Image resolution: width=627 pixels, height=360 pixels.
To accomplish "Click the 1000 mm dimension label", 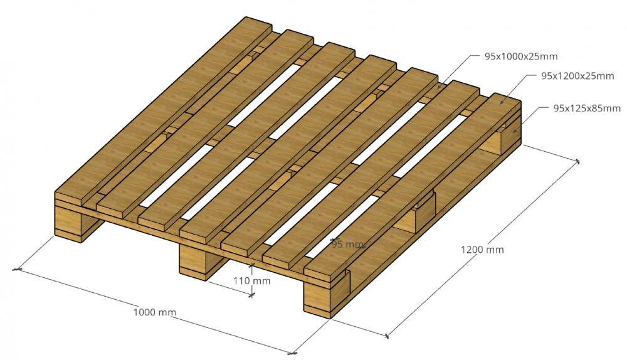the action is [x=154, y=312].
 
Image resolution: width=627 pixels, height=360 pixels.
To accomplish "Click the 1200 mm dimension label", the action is [x=482, y=250].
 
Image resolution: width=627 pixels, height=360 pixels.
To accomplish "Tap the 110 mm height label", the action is [x=252, y=281].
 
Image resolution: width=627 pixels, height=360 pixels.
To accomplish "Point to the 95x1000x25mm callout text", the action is [x=521, y=56].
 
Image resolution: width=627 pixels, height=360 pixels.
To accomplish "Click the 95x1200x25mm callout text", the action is [x=577, y=76].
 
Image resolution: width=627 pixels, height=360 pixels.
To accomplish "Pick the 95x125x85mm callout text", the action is [x=587, y=108].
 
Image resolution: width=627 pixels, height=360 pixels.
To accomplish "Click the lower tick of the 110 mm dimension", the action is [x=251, y=295].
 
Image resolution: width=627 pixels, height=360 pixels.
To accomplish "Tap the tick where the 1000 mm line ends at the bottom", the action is [x=292, y=354].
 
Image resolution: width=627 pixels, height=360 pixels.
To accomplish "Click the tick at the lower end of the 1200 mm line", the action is [x=387, y=336].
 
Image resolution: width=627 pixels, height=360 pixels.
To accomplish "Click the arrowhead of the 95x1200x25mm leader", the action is [x=500, y=102].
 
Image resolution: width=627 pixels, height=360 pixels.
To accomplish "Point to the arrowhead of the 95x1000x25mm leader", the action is [x=438, y=86].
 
